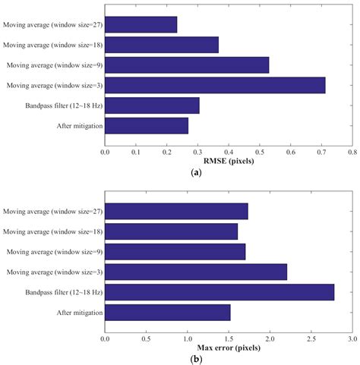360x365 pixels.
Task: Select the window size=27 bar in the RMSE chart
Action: pos(141,25)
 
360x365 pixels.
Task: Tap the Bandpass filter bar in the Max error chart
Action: pos(219,291)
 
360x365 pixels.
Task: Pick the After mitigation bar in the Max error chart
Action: pos(167,312)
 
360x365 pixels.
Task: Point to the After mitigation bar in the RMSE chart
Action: pos(147,125)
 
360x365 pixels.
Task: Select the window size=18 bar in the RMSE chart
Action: pos(162,45)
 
